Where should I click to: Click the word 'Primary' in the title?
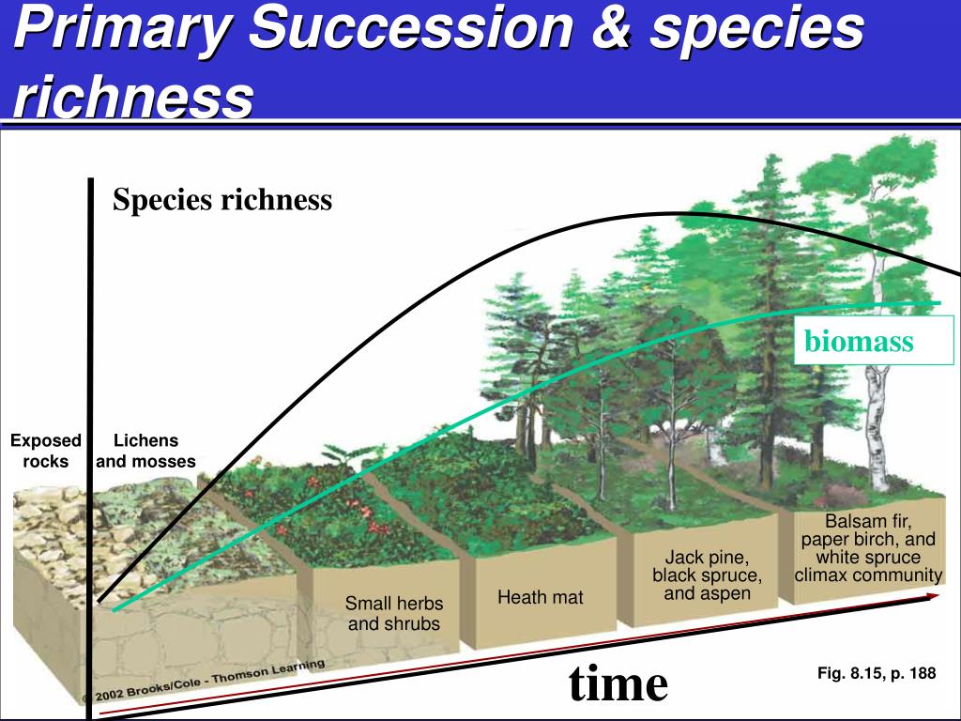(x=123, y=29)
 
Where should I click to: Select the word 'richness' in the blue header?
(x=133, y=97)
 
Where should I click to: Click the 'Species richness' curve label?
(x=221, y=200)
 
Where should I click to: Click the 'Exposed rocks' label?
(x=46, y=451)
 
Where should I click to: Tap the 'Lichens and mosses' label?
(x=145, y=451)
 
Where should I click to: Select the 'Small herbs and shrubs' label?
(x=393, y=613)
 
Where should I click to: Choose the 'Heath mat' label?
(x=540, y=597)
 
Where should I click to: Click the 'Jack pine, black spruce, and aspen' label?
(x=708, y=575)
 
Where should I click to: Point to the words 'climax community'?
(x=868, y=575)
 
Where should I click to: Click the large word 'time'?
(x=618, y=683)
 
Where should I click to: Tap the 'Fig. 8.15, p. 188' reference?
(x=877, y=673)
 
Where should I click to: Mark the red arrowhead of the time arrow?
(x=933, y=596)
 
